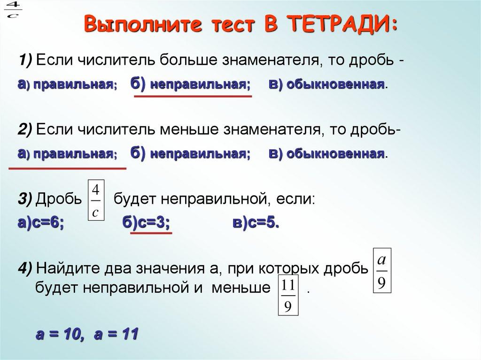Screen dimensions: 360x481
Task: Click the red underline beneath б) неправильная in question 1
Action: (193, 96)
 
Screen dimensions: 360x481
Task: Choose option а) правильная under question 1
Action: (68, 84)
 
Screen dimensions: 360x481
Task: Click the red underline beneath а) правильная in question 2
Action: (68, 168)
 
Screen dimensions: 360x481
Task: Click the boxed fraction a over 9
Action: (381, 271)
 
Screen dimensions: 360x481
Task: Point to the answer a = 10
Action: (59, 335)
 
